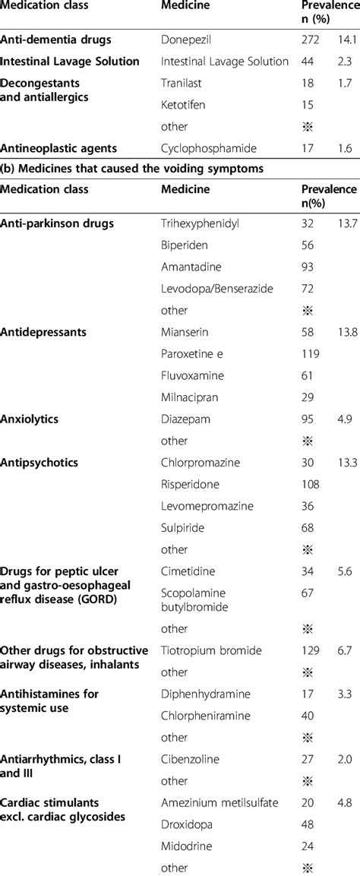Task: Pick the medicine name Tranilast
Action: tap(182, 82)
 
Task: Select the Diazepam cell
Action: tap(186, 419)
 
